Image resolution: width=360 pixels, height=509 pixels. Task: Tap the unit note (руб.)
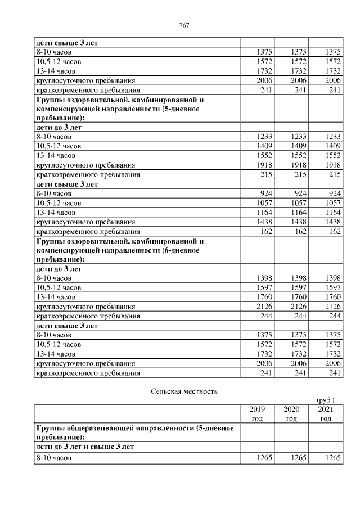coord(326,399)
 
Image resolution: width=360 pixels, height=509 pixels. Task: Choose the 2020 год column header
coord(291,413)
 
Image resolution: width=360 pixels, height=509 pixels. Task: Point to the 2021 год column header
coord(326,413)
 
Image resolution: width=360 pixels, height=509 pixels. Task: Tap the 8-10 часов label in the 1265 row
coord(54,457)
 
